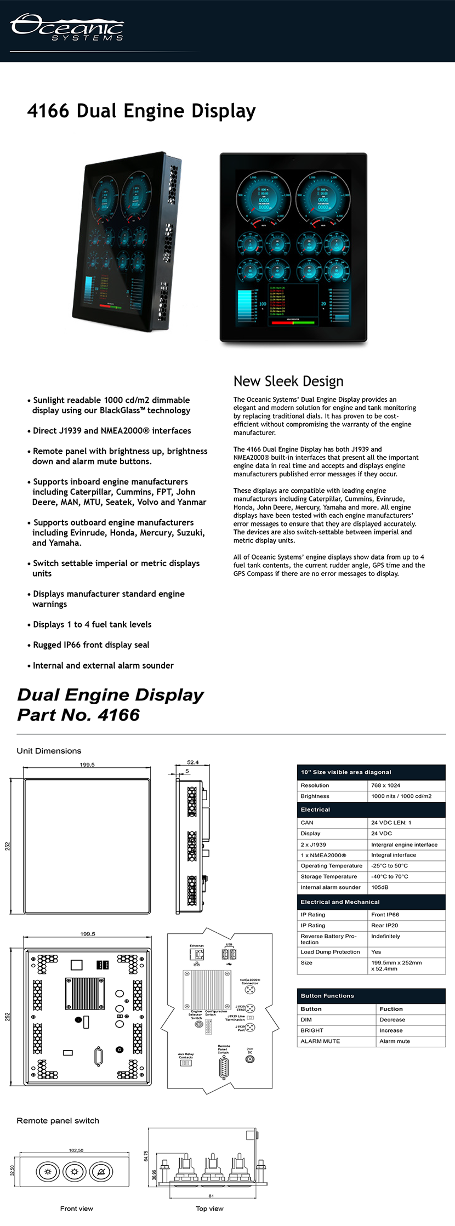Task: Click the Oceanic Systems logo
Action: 67,27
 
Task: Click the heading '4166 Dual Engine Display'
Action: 141,111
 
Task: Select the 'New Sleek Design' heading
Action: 288,381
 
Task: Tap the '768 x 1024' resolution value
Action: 385,785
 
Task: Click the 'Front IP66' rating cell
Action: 385,915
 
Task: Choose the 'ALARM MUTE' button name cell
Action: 320,1041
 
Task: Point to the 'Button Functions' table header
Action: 327,996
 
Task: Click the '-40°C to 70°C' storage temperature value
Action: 389,876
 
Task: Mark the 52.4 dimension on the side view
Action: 193,762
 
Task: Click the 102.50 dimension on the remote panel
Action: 76,1150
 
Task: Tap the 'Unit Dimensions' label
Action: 49,751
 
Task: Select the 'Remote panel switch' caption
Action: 58,1121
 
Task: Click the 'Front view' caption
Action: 76,1208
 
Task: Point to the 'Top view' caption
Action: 209,1208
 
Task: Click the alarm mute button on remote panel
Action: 101,1172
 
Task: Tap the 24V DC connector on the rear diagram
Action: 250,1059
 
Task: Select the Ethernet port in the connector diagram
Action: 197,954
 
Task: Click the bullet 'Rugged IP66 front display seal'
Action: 90,645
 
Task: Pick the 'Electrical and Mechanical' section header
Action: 340,902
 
